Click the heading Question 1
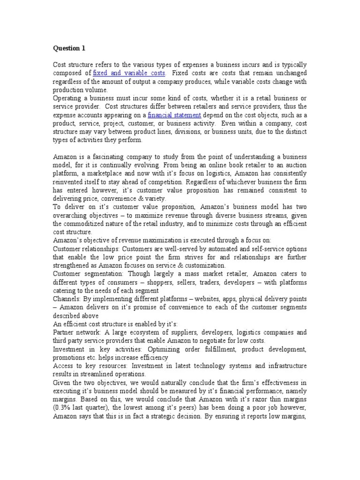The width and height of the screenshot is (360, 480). [x=69, y=48]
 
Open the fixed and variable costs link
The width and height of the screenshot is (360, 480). [x=129, y=73]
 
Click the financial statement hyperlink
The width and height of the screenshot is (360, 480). [x=174, y=115]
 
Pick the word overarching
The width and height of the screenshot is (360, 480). [x=73, y=215]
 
